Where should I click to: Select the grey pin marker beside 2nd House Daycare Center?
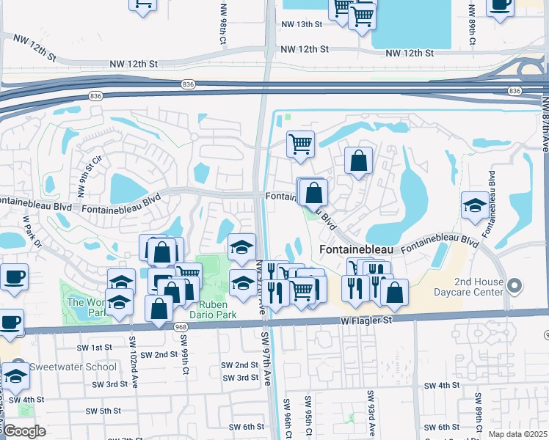(515, 285)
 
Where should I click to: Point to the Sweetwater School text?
(73, 367)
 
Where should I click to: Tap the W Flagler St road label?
(372, 320)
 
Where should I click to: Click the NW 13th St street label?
(302, 24)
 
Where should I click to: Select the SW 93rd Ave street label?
(371, 414)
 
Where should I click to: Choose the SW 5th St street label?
(103, 411)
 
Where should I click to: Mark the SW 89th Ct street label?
(479, 411)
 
